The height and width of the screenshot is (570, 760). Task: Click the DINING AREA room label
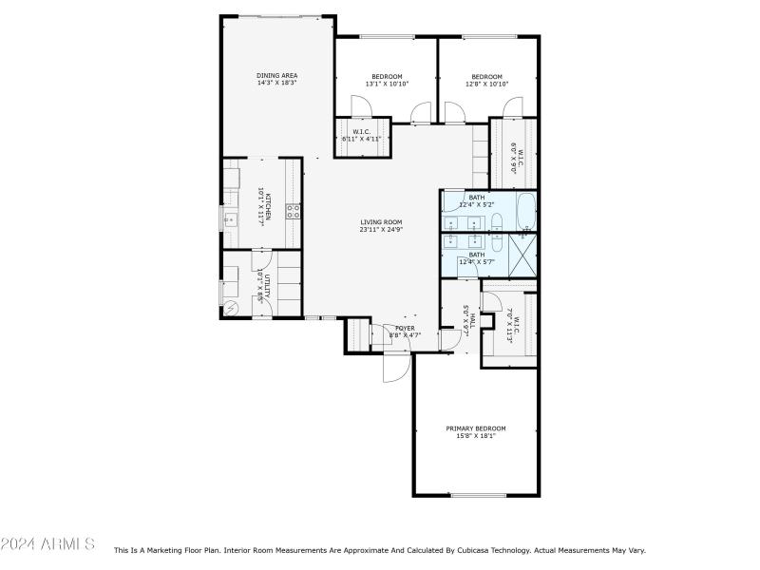[276, 79]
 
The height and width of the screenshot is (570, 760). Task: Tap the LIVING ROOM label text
[380, 226]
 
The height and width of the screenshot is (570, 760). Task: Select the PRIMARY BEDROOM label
[476, 432]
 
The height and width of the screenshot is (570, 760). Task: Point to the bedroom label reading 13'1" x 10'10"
[387, 81]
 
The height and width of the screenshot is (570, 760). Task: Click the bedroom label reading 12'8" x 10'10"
[487, 81]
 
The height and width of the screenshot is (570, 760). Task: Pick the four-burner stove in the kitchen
[294, 211]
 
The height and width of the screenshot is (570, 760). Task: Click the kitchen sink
[230, 222]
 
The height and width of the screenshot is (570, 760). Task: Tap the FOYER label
[404, 332]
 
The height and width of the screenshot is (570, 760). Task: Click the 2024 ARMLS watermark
[47, 543]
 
